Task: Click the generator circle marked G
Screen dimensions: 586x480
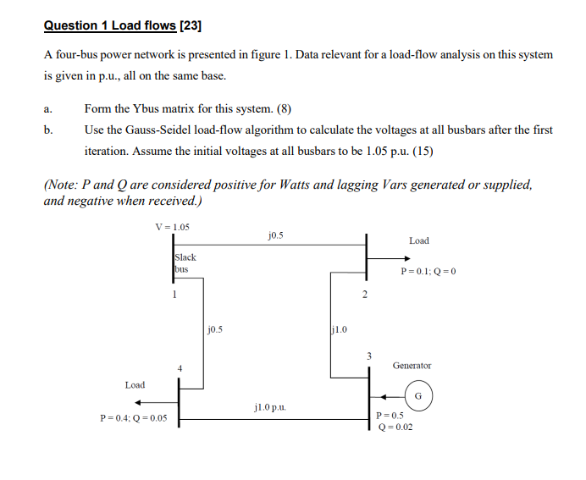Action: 418,395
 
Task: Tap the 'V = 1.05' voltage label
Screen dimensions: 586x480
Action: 173,226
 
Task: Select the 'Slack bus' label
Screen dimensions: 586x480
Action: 185,262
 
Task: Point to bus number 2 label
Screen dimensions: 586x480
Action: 365,295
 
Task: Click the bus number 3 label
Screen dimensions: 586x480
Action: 368,356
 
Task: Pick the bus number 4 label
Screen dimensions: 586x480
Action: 180,367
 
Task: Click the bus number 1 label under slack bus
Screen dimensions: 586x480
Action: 174,295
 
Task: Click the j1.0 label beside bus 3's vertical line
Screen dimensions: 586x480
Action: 337,328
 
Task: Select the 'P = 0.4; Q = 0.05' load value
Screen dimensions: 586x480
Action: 133,418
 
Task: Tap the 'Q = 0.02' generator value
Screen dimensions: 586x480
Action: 395,427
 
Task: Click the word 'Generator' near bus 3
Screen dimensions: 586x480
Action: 412,366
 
